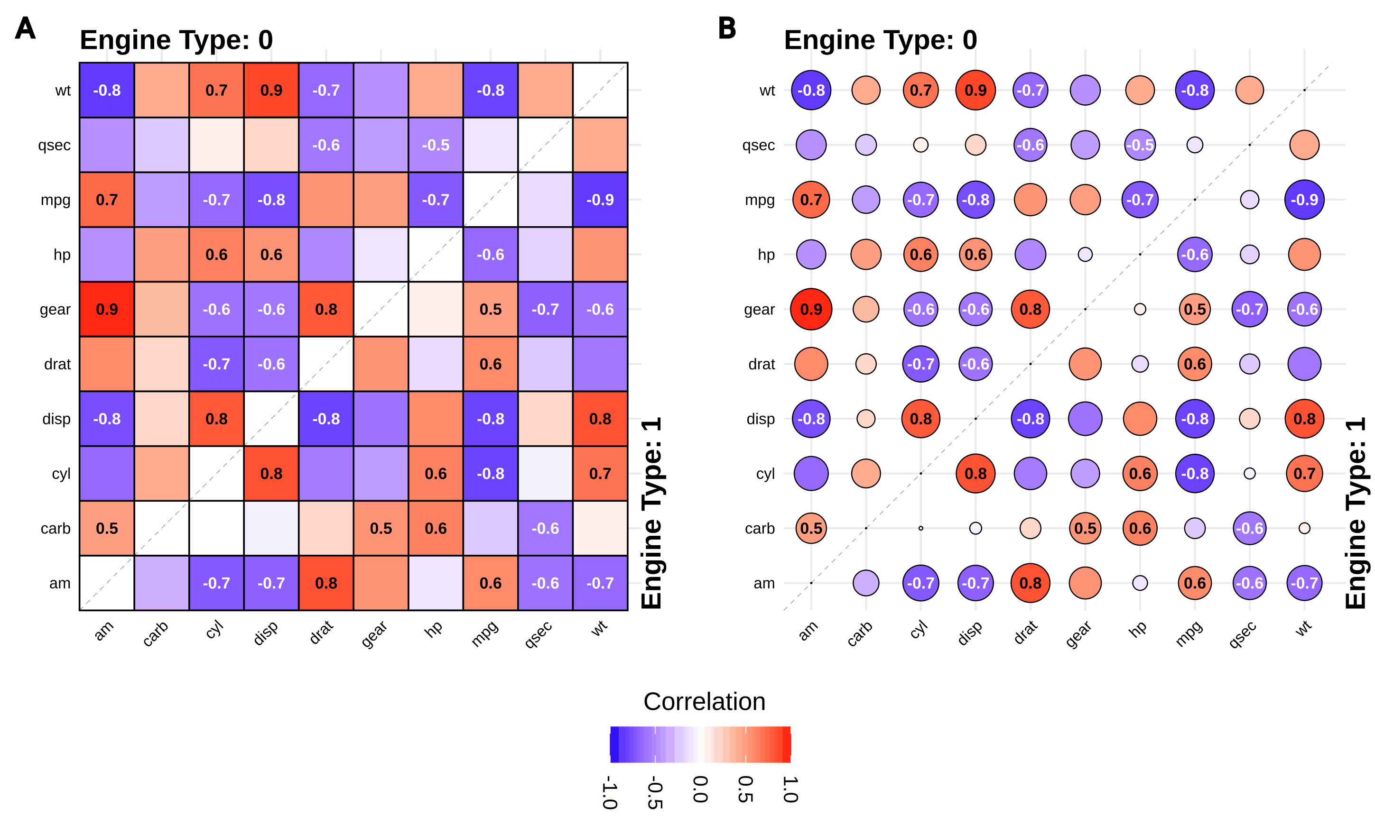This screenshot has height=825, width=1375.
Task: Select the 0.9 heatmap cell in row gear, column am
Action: point(107,309)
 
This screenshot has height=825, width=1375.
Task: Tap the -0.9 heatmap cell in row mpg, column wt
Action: point(600,200)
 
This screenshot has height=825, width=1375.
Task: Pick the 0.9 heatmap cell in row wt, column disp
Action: point(271,90)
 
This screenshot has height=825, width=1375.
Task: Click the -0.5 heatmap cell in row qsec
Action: point(436,145)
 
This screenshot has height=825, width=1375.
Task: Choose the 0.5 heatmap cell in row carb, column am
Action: point(107,528)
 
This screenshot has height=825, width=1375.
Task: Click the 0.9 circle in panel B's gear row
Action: point(811,309)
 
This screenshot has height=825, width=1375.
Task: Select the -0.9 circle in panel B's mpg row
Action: point(1304,200)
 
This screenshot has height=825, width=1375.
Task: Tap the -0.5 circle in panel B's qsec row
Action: point(1140,145)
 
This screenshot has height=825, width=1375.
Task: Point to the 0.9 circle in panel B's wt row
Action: point(976,90)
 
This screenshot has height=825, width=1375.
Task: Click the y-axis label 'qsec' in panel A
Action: point(55,145)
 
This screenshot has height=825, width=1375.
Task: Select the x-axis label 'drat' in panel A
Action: point(322,632)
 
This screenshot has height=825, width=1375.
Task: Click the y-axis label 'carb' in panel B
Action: point(759,528)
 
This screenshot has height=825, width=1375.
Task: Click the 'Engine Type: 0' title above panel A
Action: point(177,40)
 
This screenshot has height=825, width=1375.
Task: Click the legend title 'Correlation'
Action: point(704,702)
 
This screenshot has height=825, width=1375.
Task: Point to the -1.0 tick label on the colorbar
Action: point(610,792)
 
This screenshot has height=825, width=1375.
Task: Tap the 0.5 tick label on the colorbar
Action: point(745,789)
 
